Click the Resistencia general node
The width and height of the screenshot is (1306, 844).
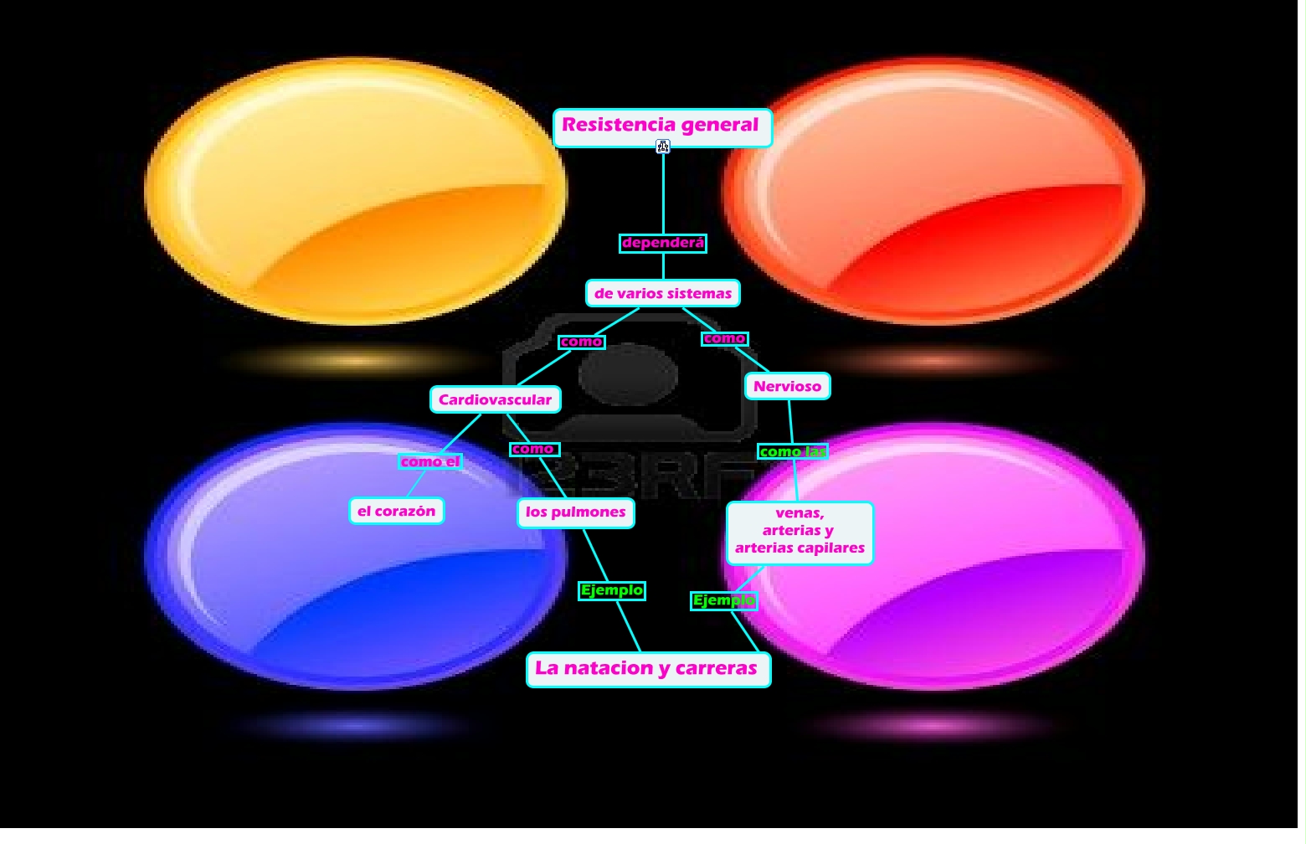pyautogui.click(x=661, y=126)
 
